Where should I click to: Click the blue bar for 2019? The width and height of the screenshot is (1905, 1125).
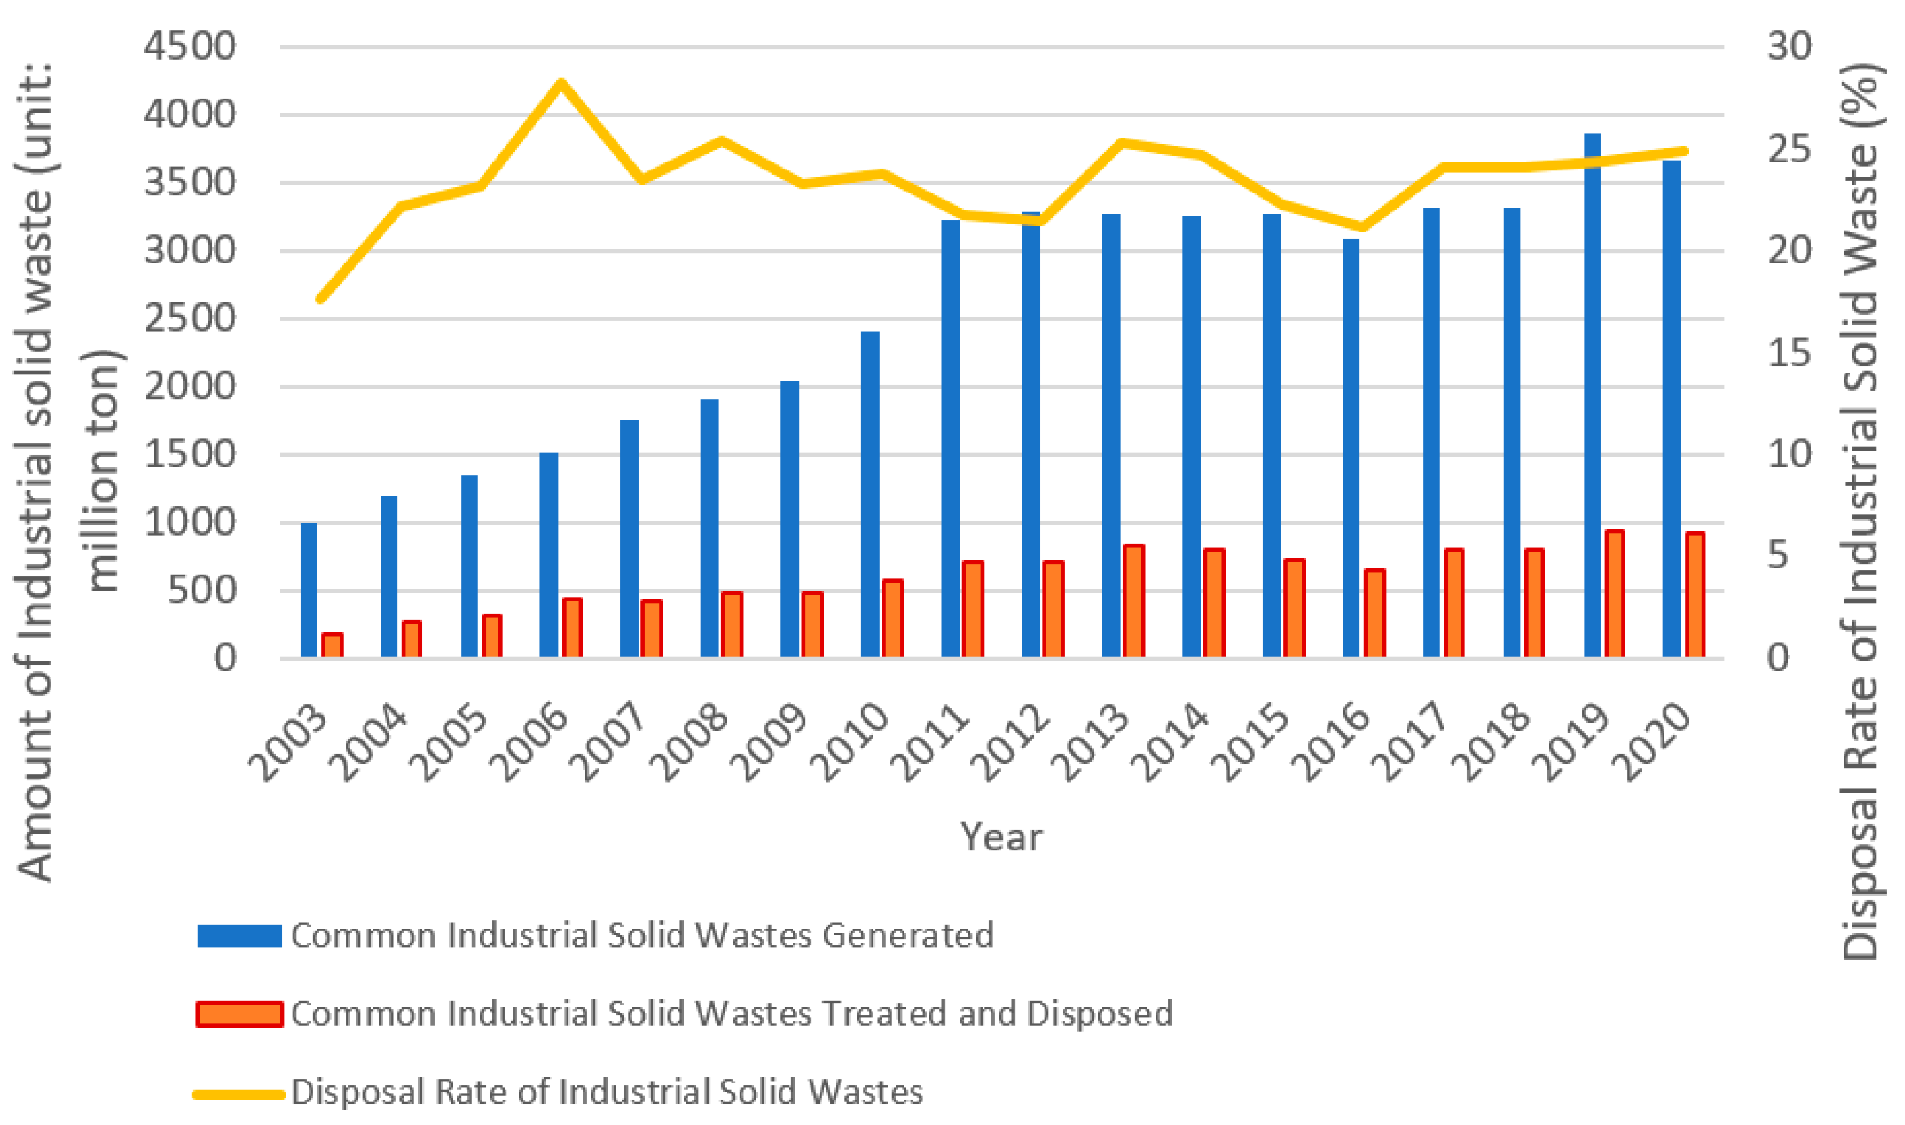click(x=1592, y=394)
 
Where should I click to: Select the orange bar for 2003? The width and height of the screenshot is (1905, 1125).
click(x=332, y=645)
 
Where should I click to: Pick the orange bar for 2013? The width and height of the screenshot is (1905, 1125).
click(x=1133, y=601)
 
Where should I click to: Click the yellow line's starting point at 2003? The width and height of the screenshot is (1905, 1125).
click(x=320, y=299)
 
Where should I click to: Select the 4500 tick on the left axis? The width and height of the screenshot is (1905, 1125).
click(x=190, y=47)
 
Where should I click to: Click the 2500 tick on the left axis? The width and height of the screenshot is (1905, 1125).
click(x=190, y=319)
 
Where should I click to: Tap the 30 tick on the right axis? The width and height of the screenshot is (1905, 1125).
click(x=1790, y=47)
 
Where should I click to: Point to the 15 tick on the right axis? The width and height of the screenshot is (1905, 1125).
click(x=1790, y=353)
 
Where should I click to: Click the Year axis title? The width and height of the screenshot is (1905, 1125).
click(x=1001, y=837)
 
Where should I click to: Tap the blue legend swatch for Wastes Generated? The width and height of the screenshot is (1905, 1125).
click(x=239, y=935)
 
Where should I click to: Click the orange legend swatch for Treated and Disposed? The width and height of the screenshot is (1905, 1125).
click(x=239, y=1013)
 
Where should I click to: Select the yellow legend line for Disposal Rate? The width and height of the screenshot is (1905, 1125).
click(x=239, y=1093)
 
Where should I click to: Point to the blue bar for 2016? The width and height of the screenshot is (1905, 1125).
click(x=1351, y=448)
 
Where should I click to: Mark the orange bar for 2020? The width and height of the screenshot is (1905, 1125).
click(x=1695, y=594)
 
